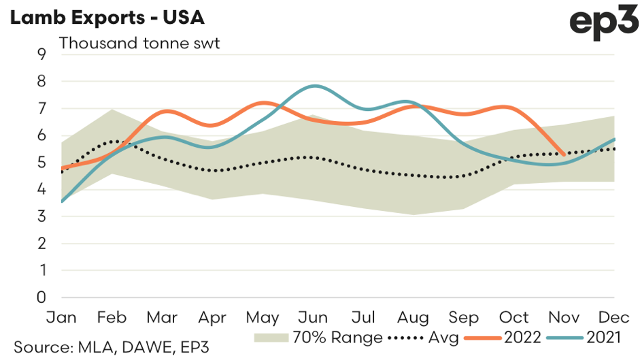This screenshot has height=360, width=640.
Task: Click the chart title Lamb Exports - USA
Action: tap(106, 16)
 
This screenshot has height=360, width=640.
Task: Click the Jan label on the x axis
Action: tap(61, 318)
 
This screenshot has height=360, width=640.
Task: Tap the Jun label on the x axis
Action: tap(313, 318)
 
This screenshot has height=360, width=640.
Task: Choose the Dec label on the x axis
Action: tap(615, 318)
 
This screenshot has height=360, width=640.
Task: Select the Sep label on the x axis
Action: tap(464, 318)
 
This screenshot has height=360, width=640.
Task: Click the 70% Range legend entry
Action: tap(315, 338)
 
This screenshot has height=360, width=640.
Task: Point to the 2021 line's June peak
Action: tap(314, 86)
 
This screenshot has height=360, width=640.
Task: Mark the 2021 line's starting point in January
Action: tap(61, 201)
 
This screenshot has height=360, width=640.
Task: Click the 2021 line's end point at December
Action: tap(615, 140)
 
